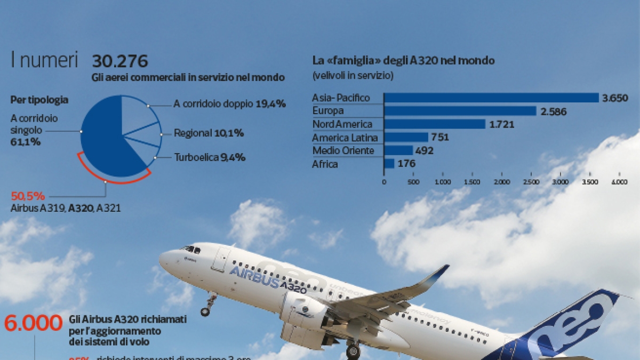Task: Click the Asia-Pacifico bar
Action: pos(491,98)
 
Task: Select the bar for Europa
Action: pos(460,111)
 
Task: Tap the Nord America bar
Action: pos(434,124)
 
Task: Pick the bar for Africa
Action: pos(389,164)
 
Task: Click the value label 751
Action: pos(441,138)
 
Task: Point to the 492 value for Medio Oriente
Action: pos(425,151)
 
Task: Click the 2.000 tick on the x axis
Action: pos(502,182)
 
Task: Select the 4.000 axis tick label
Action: pos(620,182)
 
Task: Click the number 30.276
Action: pos(120,61)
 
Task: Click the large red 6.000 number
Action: pos(33,323)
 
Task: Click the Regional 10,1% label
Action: pos(209,133)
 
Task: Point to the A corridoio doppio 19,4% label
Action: pos(229,104)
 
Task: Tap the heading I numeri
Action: pos(44,61)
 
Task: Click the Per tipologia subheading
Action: pos(39,100)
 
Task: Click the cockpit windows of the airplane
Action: pos(190,249)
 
